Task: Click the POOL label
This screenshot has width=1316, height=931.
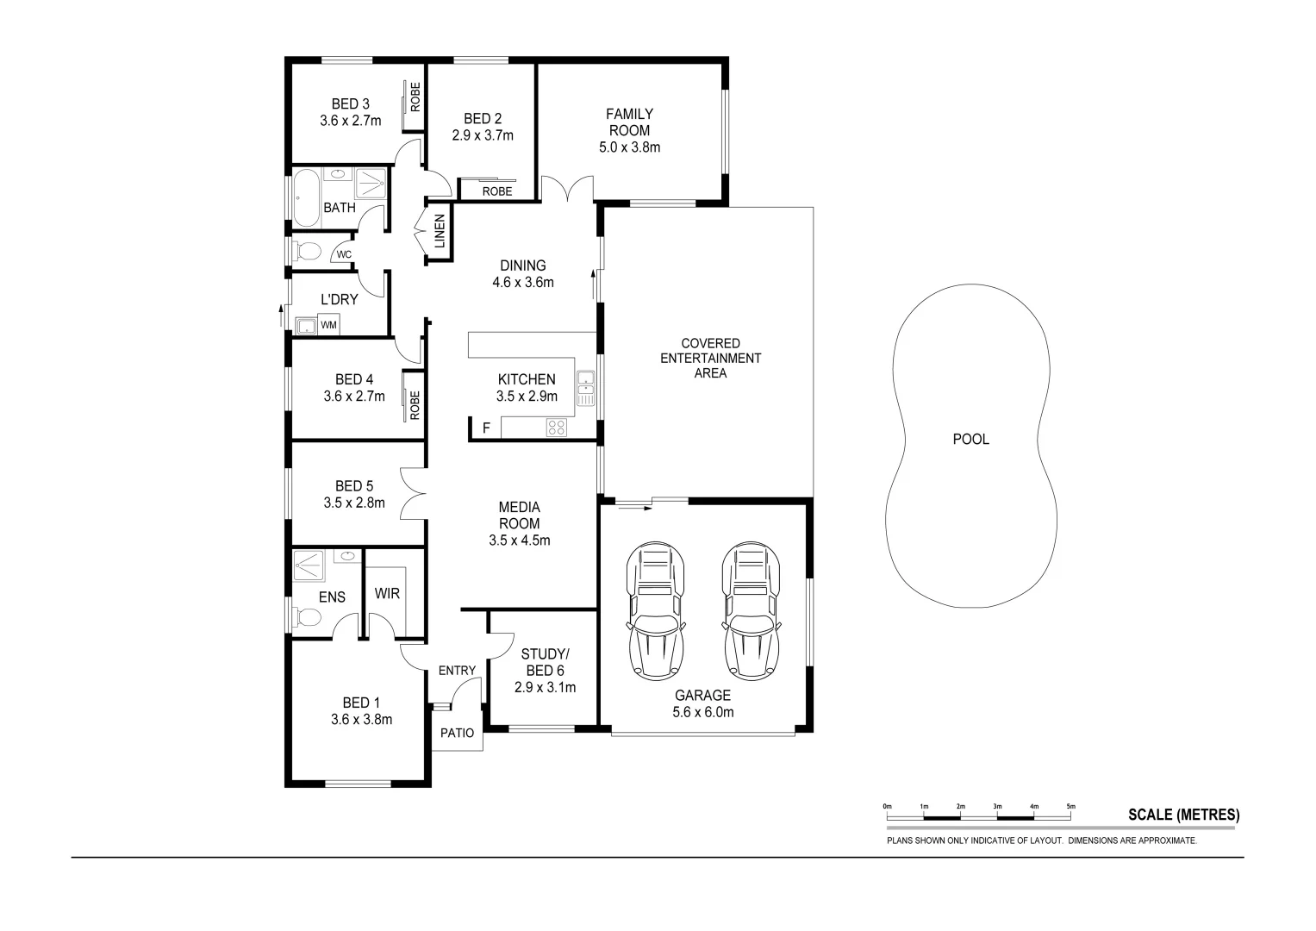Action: (x=970, y=439)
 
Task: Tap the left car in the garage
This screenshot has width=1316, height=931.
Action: (x=658, y=610)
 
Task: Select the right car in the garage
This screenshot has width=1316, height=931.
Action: (x=752, y=610)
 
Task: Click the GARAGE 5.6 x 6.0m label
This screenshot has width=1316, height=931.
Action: (x=702, y=703)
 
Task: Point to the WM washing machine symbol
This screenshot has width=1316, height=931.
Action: (x=328, y=325)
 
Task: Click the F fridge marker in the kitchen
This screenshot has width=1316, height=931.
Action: (x=486, y=428)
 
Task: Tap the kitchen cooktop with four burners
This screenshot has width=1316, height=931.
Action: (x=556, y=427)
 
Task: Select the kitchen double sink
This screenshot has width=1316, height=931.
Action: (x=586, y=388)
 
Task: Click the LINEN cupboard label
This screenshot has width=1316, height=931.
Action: (x=439, y=232)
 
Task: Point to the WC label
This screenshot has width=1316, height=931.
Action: (x=343, y=254)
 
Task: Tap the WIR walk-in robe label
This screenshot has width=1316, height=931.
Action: (x=387, y=594)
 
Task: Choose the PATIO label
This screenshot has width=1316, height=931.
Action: (x=457, y=734)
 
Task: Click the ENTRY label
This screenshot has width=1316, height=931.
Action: (x=457, y=671)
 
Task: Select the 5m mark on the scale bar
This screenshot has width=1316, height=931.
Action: (x=1071, y=807)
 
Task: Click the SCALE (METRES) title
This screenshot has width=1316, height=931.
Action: (x=1183, y=815)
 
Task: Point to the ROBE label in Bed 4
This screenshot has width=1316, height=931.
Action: (x=415, y=404)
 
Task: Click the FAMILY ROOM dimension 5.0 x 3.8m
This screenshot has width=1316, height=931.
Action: (x=629, y=147)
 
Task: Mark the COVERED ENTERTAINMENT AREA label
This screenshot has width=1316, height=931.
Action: (x=710, y=358)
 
